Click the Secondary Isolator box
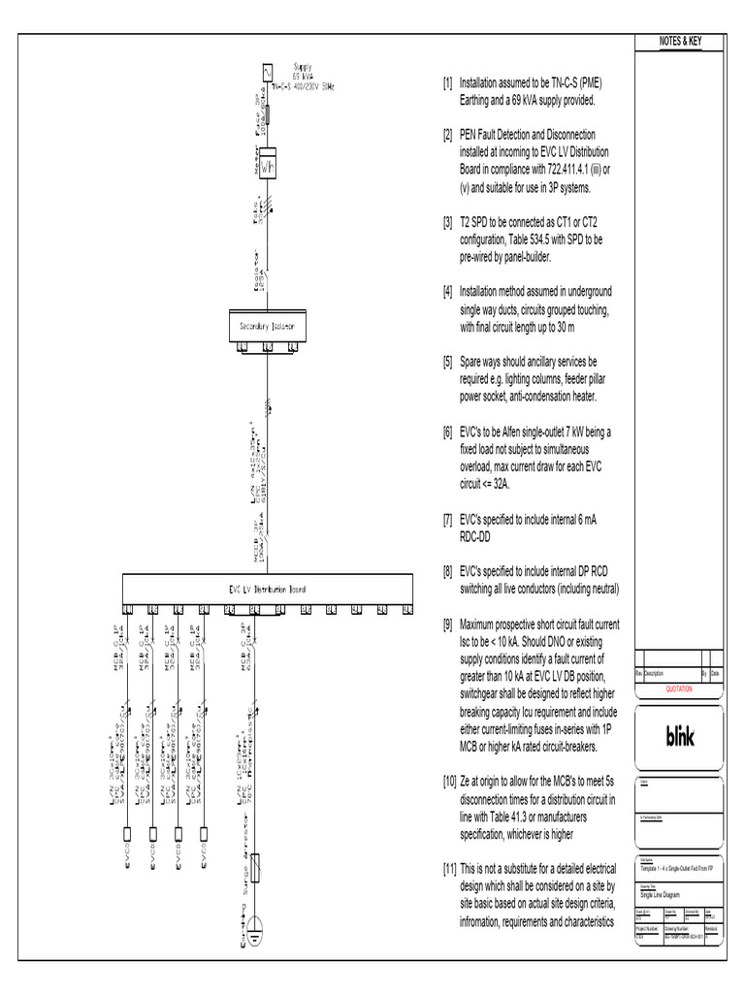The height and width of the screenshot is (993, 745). click(x=267, y=328)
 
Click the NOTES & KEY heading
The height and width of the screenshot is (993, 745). click(x=679, y=43)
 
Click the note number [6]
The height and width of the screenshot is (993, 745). click(x=447, y=431)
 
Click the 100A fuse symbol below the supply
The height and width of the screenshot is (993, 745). click(x=269, y=116)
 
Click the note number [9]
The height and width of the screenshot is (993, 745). click(x=447, y=625)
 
